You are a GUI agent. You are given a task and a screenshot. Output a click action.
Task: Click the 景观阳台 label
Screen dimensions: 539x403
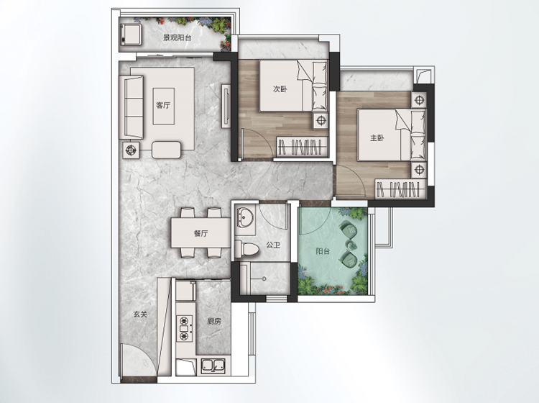(177, 38)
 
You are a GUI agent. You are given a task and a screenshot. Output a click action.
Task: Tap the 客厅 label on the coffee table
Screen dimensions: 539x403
(163, 105)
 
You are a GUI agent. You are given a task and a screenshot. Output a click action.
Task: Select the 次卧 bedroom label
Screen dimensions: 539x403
(280, 89)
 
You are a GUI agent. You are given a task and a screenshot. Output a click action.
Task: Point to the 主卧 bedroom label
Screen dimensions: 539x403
(377, 138)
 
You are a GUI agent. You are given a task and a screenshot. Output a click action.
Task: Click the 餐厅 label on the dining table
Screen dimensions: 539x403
(201, 234)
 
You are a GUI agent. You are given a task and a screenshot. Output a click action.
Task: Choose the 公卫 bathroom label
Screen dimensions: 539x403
(273, 245)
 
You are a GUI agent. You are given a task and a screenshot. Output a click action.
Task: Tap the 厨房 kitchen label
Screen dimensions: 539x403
(214, 322)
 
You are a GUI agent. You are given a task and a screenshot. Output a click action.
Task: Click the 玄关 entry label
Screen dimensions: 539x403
(140, 314)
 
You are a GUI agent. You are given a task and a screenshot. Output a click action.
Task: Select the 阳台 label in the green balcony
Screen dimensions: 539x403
(323, 251)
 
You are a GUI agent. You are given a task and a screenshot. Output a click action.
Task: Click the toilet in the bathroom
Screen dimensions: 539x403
(246, 248)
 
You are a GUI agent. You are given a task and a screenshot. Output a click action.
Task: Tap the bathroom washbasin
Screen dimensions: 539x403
(245, 217)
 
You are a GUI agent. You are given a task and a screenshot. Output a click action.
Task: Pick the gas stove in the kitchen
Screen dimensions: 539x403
(185, 328)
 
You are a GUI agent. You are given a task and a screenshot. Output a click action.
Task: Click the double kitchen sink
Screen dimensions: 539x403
(213, 366)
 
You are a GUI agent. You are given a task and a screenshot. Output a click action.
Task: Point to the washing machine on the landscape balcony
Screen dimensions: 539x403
(130, 34)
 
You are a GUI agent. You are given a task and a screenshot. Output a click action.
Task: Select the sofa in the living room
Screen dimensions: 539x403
(131, 107)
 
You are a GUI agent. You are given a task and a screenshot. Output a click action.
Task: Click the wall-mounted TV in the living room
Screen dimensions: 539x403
(226, 106)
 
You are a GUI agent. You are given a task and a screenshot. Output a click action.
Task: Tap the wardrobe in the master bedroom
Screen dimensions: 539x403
(400, 189)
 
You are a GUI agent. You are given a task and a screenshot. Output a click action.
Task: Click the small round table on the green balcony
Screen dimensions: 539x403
(351, 245)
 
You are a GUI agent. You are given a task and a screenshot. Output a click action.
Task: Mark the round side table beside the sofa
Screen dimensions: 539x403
(131, 150)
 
